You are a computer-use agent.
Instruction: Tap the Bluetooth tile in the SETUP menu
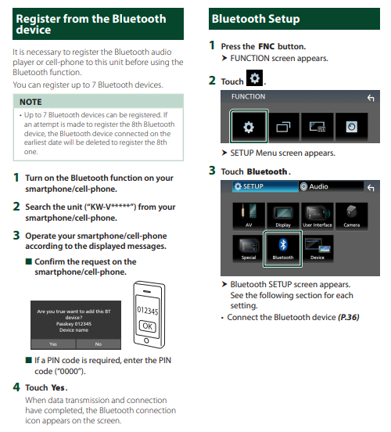[x=283, y=249]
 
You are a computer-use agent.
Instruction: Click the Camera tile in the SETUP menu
[x=351, y=216]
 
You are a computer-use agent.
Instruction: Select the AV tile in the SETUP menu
[x=249, y=216]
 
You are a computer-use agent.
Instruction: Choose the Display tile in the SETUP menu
[x=283, y=216]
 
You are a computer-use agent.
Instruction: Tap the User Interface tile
[x=317, y=216]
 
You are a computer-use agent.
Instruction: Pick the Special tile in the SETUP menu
[x=248, y=249]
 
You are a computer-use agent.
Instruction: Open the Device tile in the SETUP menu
[x=317, y=249]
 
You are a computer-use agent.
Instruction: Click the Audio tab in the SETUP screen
[x=331, y=186]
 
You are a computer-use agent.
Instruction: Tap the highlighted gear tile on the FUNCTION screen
[x=249, y=127]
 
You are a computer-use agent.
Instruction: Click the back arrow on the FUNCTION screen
[x=371, y=98]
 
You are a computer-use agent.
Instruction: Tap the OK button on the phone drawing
[x=147, y=326]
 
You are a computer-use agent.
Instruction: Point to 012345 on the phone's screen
[x=148, y=311]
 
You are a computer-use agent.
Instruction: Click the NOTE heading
[x=30, y=102]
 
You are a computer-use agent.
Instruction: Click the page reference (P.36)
[x=348, y=318]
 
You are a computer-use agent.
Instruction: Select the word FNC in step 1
[x=267, y=46]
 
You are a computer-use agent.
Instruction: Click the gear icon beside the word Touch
[x=254, y=78]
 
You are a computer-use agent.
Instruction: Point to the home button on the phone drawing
[x=146, y=340]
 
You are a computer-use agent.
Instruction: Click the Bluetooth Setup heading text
[x=256, y=19]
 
